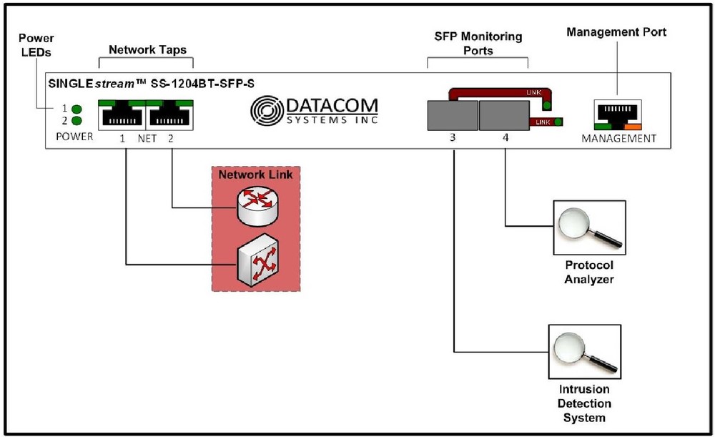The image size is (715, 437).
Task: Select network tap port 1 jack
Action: (x=122, y=114)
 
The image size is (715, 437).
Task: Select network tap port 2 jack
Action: (x=169, y=114)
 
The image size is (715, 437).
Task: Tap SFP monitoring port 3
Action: (x=452, y=114)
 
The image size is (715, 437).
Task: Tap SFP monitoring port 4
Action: (x=503, y=114)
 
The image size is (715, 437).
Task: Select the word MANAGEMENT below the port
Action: (x=618, y=138)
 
